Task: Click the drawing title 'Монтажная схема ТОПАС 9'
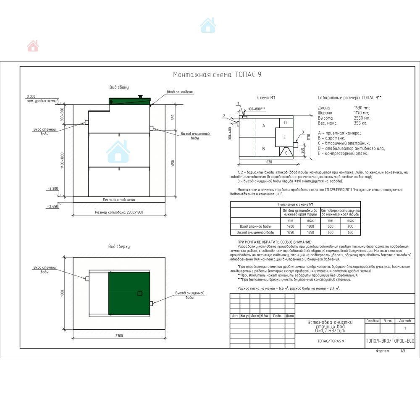tap(218, 75)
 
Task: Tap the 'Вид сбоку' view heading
tap(119, 87)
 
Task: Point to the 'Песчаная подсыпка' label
tap(119, 199)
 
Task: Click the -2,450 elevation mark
tap(54, 206)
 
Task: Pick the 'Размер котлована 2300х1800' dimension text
tap(119, 213)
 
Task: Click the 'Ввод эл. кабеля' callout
tap(180, 92)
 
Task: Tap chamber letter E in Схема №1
tap(284, 137)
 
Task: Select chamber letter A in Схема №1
tap(264, 126)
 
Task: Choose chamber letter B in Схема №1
tap(264, 148)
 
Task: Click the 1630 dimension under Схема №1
tap(268, 162)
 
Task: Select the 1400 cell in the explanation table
tap(290, 226)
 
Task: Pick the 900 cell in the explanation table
tap(351, 226)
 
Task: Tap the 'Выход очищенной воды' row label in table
tap(255, 232)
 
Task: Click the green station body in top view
tap(129, 293)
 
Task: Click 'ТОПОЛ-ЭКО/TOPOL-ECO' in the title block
tap(390, 341)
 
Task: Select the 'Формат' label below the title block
tap(383, 351)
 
